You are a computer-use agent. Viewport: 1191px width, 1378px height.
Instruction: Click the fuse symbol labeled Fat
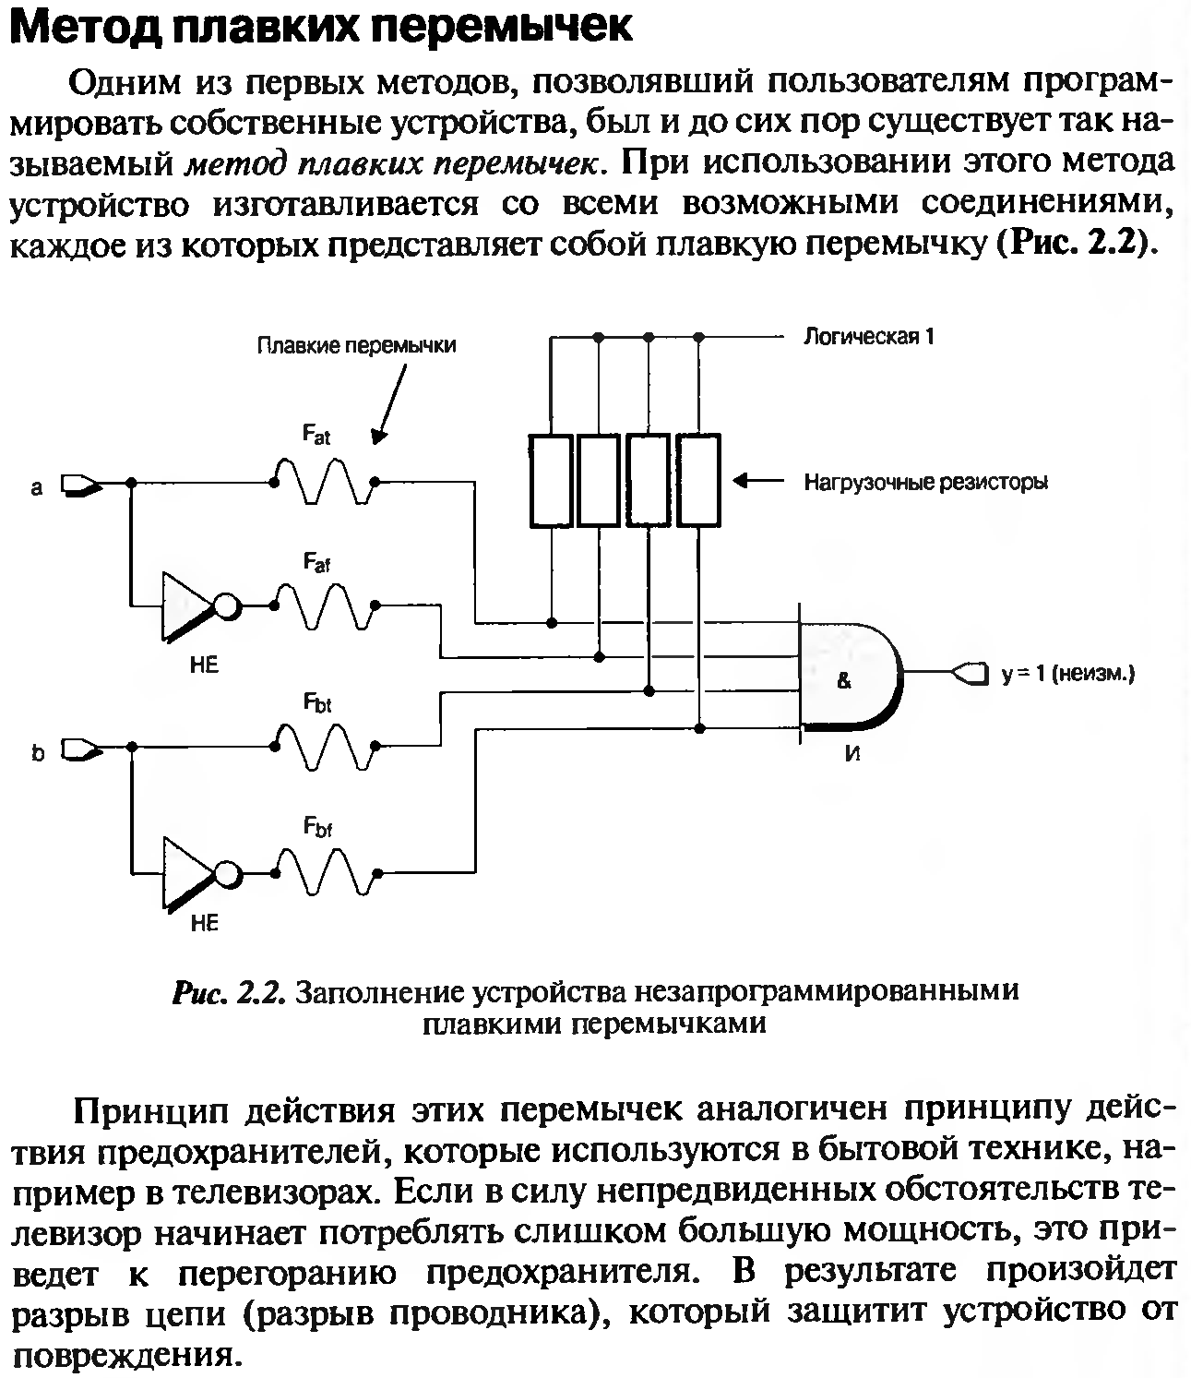(324, 482)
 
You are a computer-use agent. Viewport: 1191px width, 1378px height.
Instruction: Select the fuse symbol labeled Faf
(324, 605)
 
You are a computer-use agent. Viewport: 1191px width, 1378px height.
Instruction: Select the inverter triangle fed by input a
(187, 605)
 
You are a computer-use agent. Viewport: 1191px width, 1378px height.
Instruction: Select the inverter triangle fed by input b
(187, 871)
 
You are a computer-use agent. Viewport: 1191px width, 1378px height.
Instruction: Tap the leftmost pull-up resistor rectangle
(551, 479)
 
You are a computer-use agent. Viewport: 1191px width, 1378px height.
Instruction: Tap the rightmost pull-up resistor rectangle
(698, 479)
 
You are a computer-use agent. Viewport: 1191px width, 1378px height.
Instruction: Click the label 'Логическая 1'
(869, 336)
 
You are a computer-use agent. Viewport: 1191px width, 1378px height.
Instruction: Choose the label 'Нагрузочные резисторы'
(925, 482)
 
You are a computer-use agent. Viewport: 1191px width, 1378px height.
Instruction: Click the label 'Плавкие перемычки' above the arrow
(356, 346)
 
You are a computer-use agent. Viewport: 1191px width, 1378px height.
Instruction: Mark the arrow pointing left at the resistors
(757, 481)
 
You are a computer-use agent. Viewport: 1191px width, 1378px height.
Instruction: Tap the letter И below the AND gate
(852, 753)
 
